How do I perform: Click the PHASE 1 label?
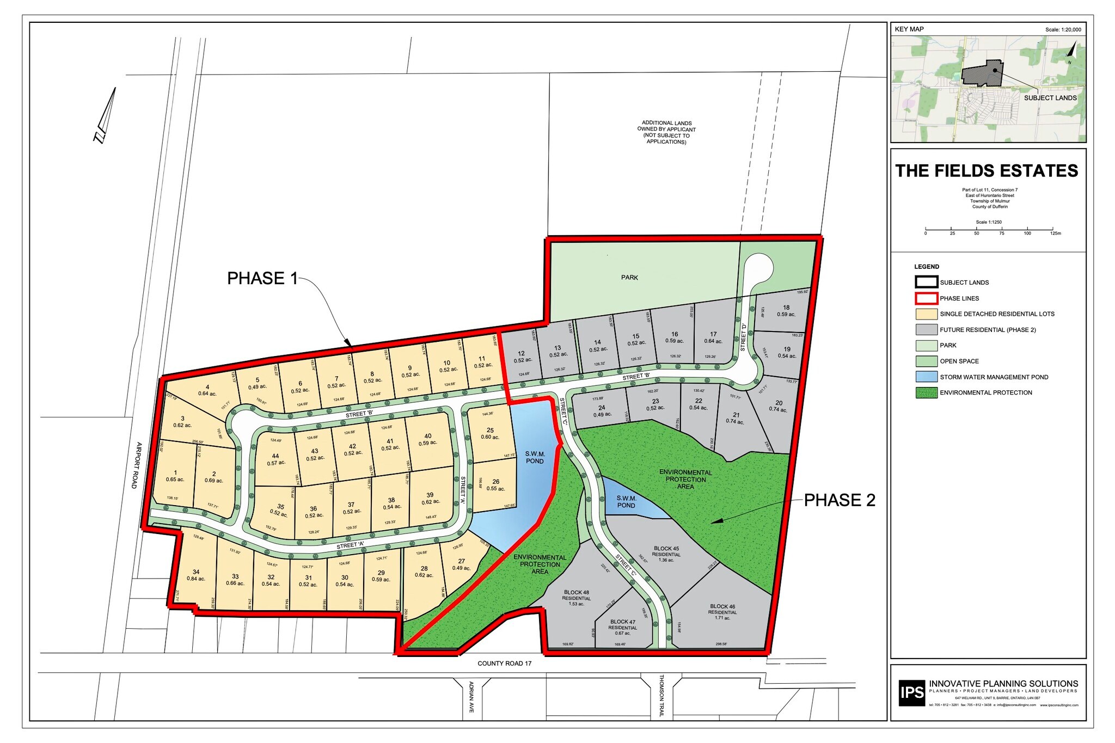(x=262, y=278)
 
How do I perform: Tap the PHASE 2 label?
(x=840, y=500)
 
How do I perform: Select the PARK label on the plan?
(x=629, y=278)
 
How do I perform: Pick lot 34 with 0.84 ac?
(x=196, y=575)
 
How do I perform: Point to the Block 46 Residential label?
(x=722, y=612)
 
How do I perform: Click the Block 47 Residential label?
(x=623, y=627)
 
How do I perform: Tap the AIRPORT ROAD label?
(x=137, y=465)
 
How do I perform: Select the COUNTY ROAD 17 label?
(x=504, y=664)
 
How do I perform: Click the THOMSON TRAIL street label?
(x=661, y=696)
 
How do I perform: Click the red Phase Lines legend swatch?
(x=926, y=298)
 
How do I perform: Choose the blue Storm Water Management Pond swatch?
(x=926, y=377)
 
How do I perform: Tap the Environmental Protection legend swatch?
(x=926, y=392)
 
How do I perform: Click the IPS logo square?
(x=911, y=692)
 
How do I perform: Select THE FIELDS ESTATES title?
(x=987, y=171)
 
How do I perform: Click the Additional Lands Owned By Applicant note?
(x=666, y=132)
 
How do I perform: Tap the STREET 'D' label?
(x=744, y=337)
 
